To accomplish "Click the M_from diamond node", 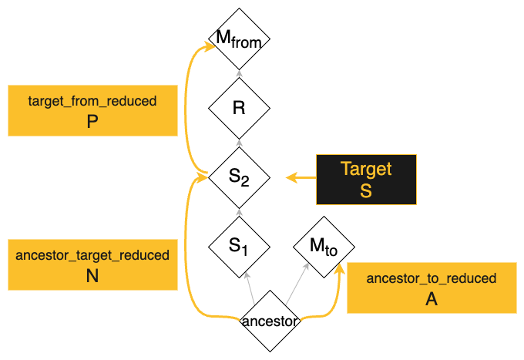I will point(239,39).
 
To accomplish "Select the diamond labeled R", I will point(239,108).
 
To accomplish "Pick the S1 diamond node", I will point(239,247).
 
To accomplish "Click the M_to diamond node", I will point(324,247).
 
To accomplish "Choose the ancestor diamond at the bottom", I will point(269,321).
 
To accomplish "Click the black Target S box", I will point(366,180).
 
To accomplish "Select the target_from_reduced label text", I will point(92,101).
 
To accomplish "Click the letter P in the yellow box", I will point(92,123).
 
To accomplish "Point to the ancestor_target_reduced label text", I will point(92,255).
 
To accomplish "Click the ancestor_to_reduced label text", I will point(432,278).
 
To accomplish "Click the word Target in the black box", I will point(366,169).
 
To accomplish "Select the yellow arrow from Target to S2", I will point(301,179).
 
